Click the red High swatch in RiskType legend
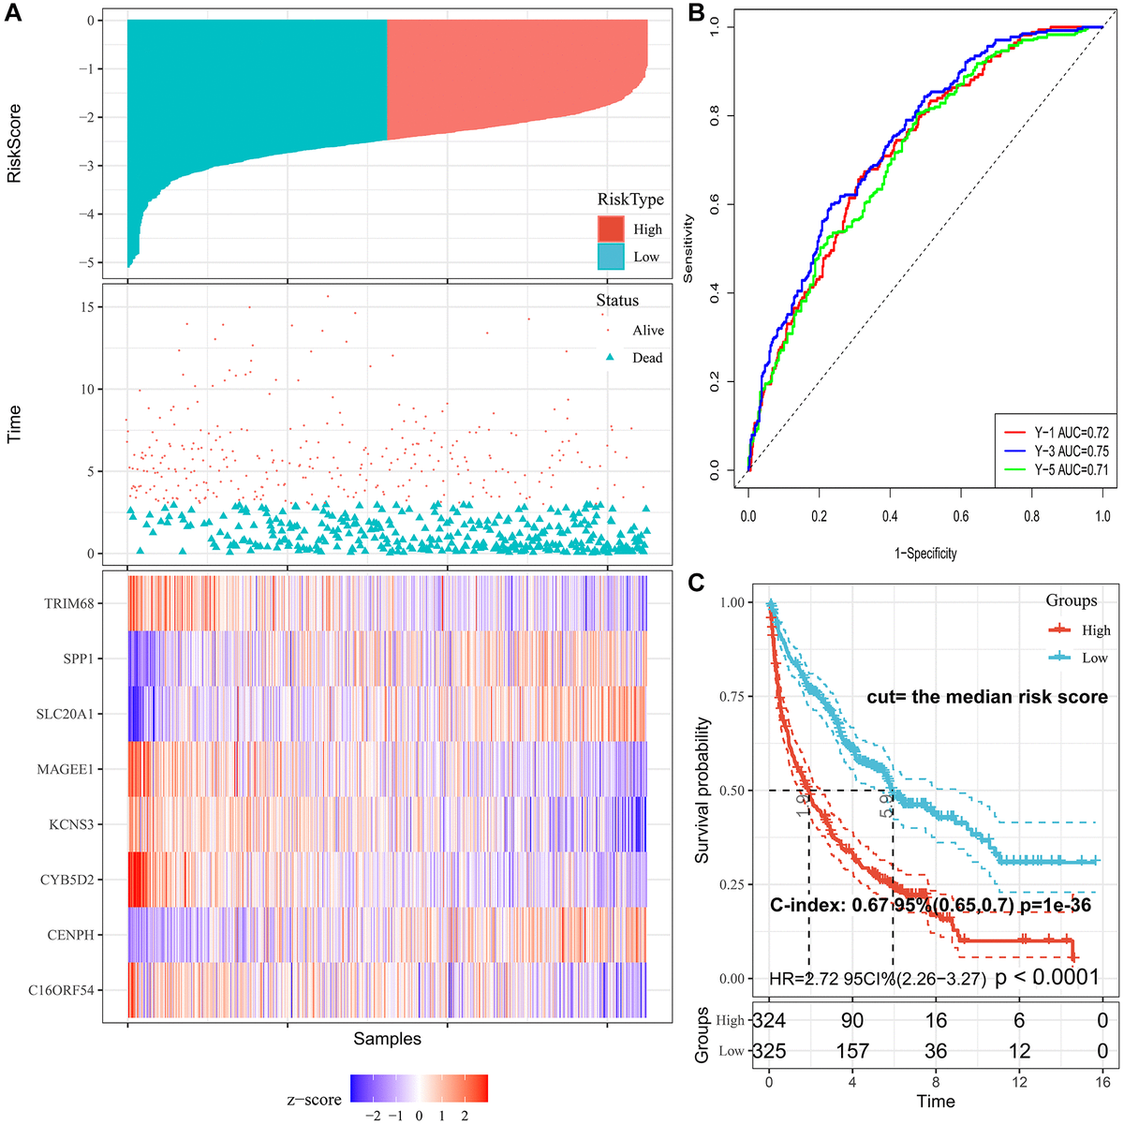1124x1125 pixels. [611, 229]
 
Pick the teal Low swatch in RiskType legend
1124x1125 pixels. [611, 257]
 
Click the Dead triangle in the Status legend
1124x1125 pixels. [610, 358]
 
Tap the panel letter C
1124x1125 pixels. [697, 581]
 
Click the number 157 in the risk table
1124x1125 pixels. [852, 1051]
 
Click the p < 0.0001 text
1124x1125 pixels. [1046, 978]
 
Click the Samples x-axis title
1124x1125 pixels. [387, 1039]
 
